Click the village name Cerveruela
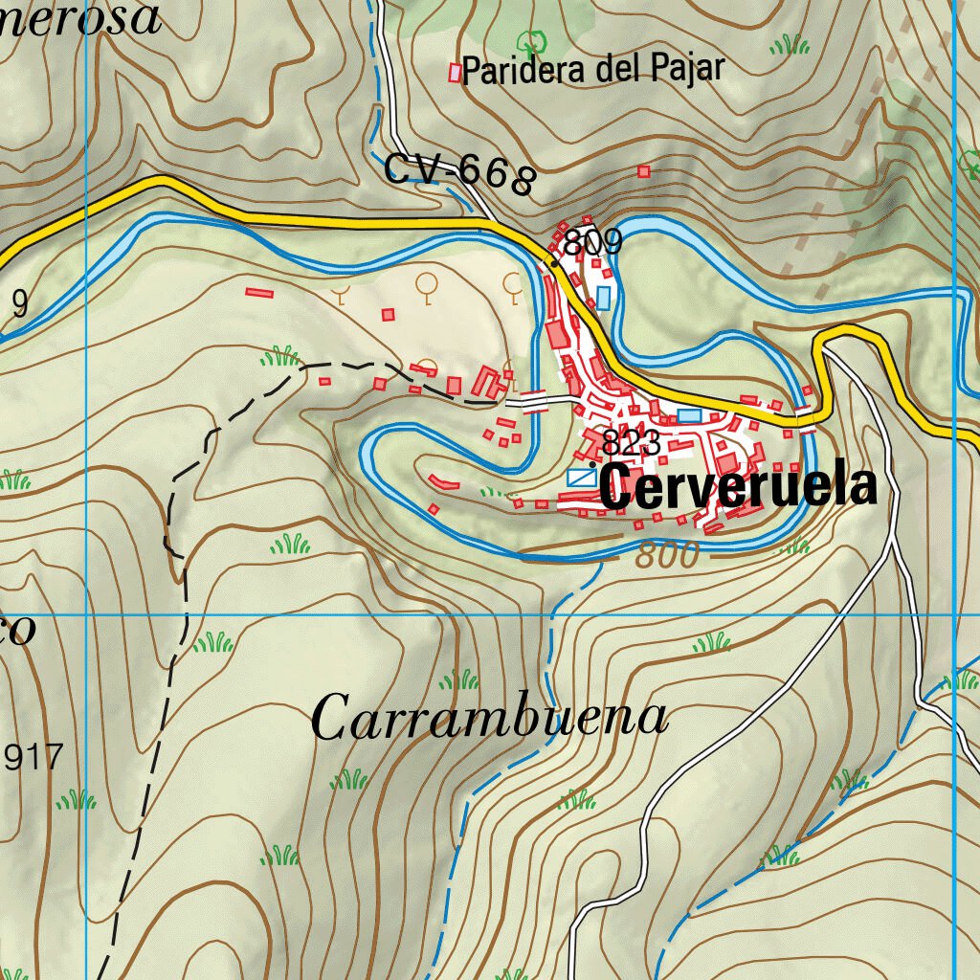coord(739,488)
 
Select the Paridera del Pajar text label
coord(593,71)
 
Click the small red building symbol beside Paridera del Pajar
coord(455,72)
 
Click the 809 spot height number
coord(593,244)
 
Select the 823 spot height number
coord(633,443)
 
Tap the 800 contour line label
coord(667,555)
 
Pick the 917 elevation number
coord(33,758)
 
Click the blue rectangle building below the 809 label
coord(603,298)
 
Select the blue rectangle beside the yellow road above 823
coord(689,415)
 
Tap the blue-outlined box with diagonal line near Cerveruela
coord(580,477)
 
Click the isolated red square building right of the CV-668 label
coord(644,172)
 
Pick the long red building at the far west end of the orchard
coord(259,292)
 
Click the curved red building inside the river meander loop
coord(439,481)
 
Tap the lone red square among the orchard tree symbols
coord(388,314)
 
